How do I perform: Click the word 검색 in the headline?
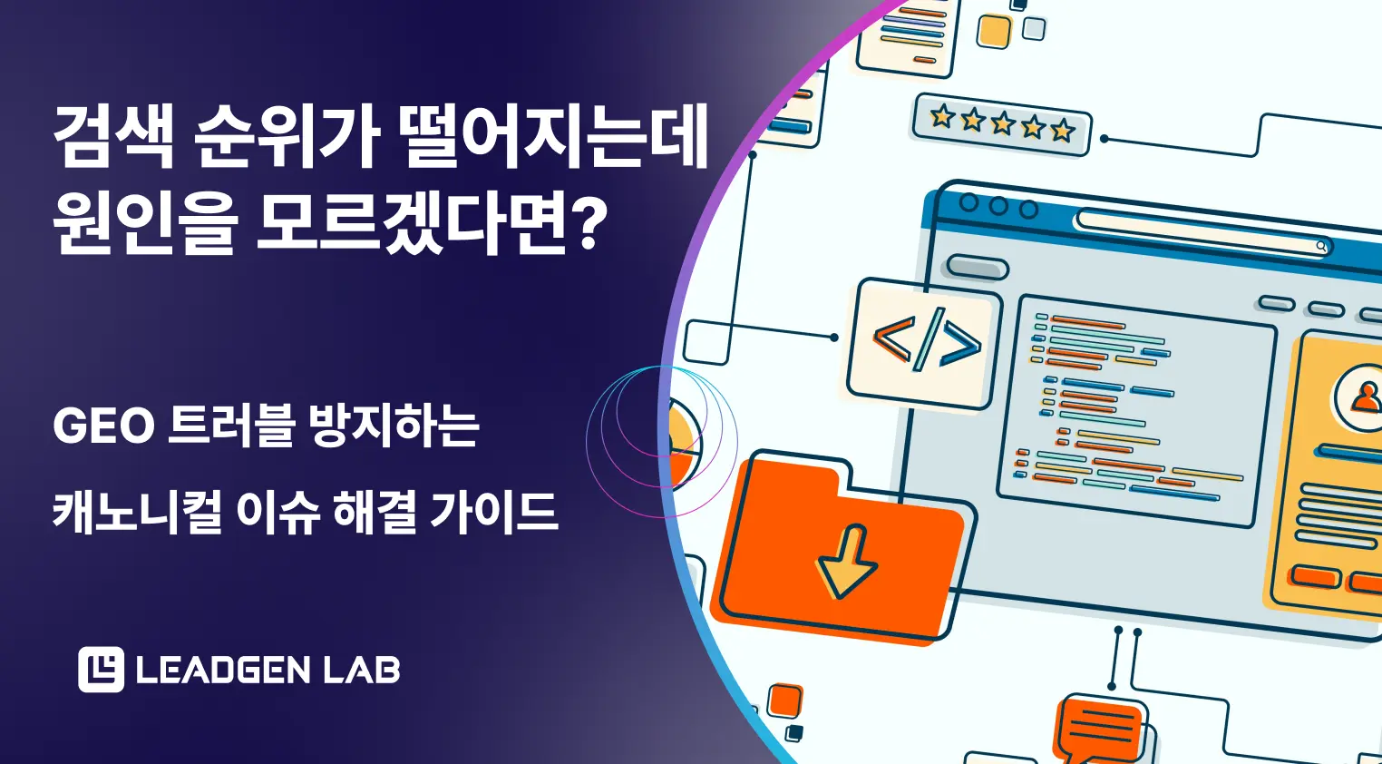113,138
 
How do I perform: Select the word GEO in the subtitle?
103,426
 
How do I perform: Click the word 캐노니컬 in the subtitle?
137,512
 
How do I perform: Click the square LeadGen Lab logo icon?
101,670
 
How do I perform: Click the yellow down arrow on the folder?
846,563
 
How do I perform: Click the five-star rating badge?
1001,124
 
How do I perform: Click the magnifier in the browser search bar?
1321,246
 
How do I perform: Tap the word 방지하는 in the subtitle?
394,426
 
